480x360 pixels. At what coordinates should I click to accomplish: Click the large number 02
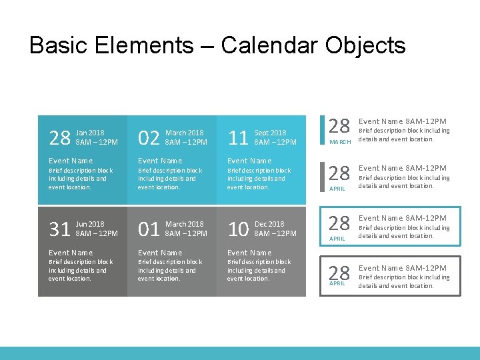click(148, 138)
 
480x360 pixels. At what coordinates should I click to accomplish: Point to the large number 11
click(238, 138)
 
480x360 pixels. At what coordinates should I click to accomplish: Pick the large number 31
click(59, 230)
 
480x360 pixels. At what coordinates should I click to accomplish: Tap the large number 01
click(148, 230)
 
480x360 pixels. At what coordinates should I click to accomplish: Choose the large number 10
click(238, 230)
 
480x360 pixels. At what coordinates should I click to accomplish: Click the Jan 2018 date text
click(90, 133)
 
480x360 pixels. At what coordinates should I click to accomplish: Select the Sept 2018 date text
click(271, 133)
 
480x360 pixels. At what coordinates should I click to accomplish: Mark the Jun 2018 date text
click(90, 225)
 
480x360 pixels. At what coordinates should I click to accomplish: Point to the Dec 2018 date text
click(269, 225)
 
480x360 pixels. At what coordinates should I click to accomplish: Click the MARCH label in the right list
click(340, 142)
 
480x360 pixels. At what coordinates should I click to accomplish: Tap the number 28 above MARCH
click(340, 125)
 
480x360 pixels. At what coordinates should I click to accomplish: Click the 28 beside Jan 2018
click(59, 138)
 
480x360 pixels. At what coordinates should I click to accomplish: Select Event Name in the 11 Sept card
click(249, 161)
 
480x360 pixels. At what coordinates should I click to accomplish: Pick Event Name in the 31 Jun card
click(71, 253)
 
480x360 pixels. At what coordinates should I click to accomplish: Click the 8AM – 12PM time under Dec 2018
click(275, 234)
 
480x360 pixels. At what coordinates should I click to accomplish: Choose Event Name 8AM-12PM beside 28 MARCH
click(403, 121)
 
